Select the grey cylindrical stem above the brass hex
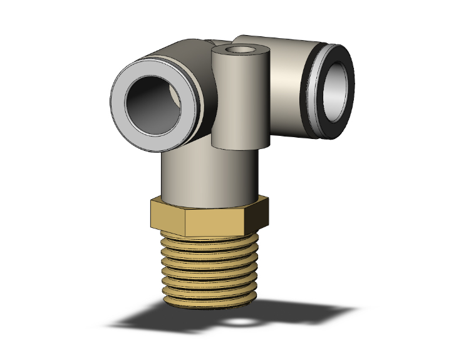(x=207, y=175)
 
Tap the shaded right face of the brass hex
(x=258, y=213)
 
